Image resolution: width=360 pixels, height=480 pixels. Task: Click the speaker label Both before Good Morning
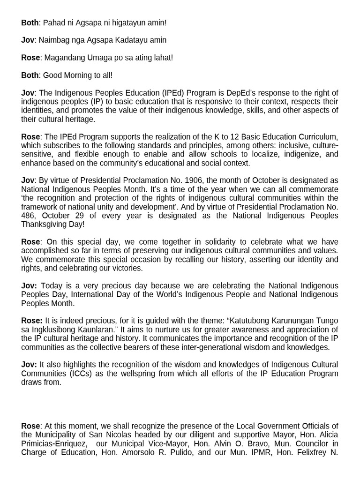click(x=30, y=75)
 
